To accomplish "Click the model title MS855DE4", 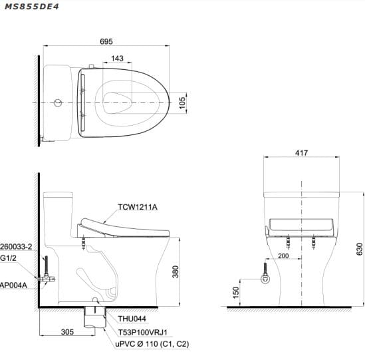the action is [x=32, y=7].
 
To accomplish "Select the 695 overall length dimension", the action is [x=106, y=41].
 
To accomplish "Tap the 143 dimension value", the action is [x=117, y=59].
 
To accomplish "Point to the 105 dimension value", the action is [x=182, y=102].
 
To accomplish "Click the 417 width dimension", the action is [x=301, y=153].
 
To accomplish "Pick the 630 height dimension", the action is [x=360, y=249].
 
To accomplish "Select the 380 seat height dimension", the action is [x=176, y=271].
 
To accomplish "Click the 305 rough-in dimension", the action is [x=67, y=332].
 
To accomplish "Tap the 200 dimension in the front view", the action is [x=283, y=256].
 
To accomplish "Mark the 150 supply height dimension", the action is [x=236, y=293].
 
